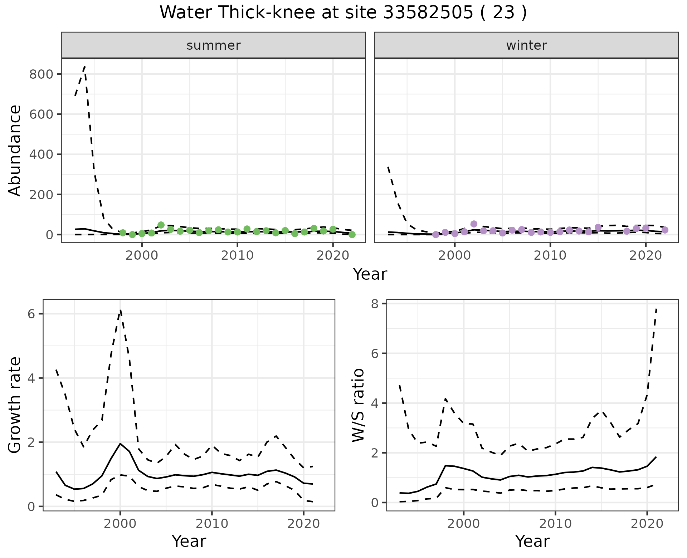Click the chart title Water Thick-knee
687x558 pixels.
click(343, 13)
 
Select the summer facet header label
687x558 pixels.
click(214, 45)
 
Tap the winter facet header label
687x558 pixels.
click(526, 45)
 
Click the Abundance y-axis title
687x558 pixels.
click(15, 150)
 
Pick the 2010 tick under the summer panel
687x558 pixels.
click(237, 255)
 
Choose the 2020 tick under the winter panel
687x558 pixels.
click(646, 255)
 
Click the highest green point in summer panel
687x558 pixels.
click(161, 225)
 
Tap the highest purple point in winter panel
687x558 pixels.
click(474, 224)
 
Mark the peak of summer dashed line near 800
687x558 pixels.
click(84, 67)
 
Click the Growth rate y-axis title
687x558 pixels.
click(15, 405)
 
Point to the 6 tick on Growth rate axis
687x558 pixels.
click(31, 314)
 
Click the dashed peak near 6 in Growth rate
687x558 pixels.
click(121, 310)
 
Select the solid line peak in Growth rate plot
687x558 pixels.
click(120, 444)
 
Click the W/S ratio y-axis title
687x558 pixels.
click(358, 405)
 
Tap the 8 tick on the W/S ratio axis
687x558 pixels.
click(375, 303)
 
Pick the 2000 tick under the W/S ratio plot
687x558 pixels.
click(464, 524)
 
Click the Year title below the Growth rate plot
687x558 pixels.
click(189, 542)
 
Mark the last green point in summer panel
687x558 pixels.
click(352, 235)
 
